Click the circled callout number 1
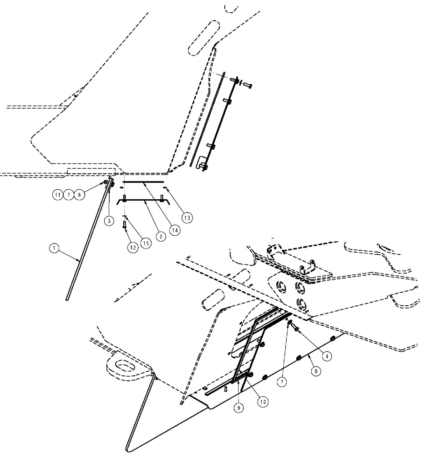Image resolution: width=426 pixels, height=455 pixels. pos(54,248)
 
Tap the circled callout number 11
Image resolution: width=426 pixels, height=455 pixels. pos(57,195)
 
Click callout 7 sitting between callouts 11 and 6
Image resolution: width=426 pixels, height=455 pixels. pos(68,195)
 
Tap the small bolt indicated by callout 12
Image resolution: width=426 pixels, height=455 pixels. pos(124,224)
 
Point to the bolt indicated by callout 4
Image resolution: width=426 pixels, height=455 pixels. pos(294,326)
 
